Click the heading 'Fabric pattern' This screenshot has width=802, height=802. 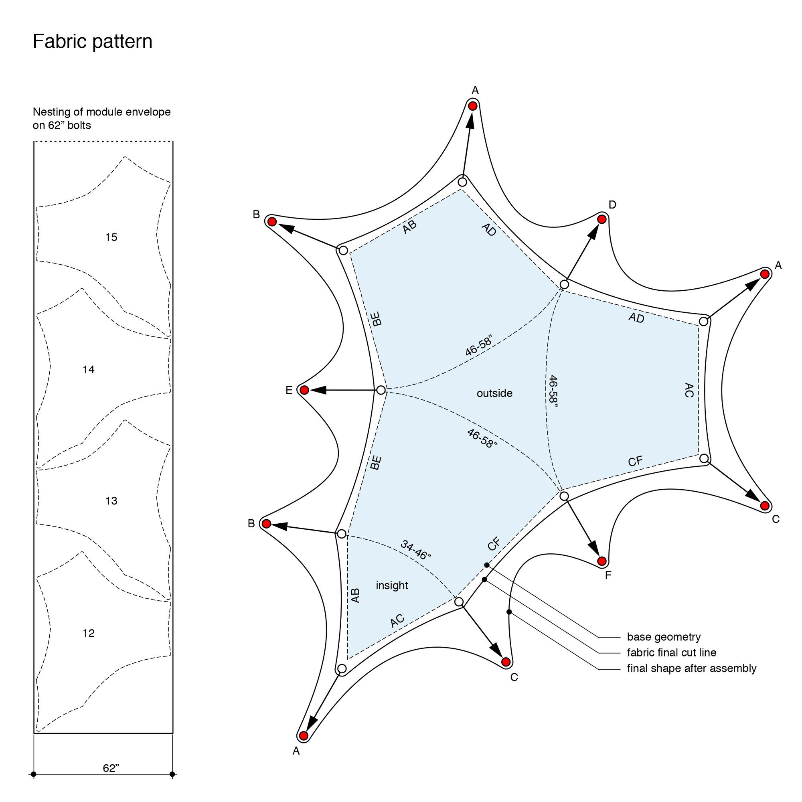(x=92, y=42)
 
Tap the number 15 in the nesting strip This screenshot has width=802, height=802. (x=111, y=237)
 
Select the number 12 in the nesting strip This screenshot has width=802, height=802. (x=88, y=633)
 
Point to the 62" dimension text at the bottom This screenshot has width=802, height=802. (x=111, y=768)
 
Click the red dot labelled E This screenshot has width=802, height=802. (x=304, y=390)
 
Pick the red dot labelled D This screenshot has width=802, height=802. (x=601, y=219)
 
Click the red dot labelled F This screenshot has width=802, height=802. (x=601, y=561)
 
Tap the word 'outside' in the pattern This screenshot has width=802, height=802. (x=494, y=393)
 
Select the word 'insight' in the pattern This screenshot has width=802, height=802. (x=392, y=585)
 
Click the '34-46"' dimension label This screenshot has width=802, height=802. (x=416, y=550)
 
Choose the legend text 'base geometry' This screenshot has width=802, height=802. (x=663, y=637)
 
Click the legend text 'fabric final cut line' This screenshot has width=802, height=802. (x=671, y=652)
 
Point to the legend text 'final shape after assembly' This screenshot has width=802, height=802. (x=691, y=668)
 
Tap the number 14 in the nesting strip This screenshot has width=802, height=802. (x=88, y=369)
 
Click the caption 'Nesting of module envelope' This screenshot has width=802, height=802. (x=102, y=112)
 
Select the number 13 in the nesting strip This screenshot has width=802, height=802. (x=111, y=501)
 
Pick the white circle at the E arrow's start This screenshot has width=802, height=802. (x=381, y=390)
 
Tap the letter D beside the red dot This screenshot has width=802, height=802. (x=612, y=205)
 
